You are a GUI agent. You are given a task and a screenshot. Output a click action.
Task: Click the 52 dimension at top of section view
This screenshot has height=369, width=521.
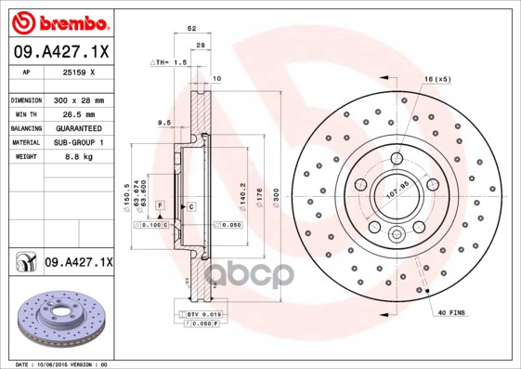[191, 30]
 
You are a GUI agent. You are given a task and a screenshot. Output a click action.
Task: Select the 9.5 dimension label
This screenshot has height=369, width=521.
[164, 123]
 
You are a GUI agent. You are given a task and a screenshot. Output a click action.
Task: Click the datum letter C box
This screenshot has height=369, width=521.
[190, 205]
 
